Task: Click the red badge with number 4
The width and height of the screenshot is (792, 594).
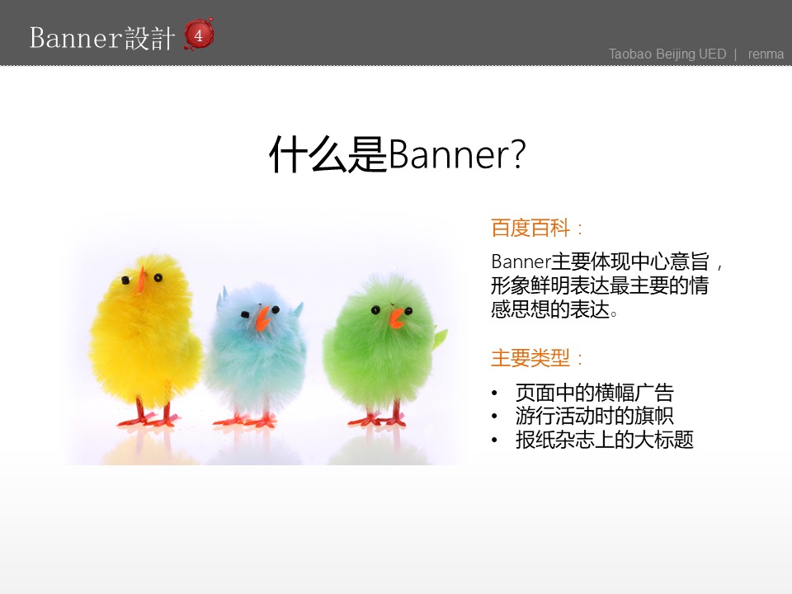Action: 199,35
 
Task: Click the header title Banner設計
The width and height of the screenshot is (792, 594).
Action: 101,38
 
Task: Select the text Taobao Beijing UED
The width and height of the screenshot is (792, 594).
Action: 667,54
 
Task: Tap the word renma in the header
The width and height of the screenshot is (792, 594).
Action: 766,54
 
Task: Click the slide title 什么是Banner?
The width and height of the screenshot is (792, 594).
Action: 396,154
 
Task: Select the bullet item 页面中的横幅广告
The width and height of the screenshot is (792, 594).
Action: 594,393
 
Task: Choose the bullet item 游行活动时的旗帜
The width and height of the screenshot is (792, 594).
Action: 594,416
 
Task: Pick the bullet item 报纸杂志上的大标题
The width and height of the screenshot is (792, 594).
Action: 604,439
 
